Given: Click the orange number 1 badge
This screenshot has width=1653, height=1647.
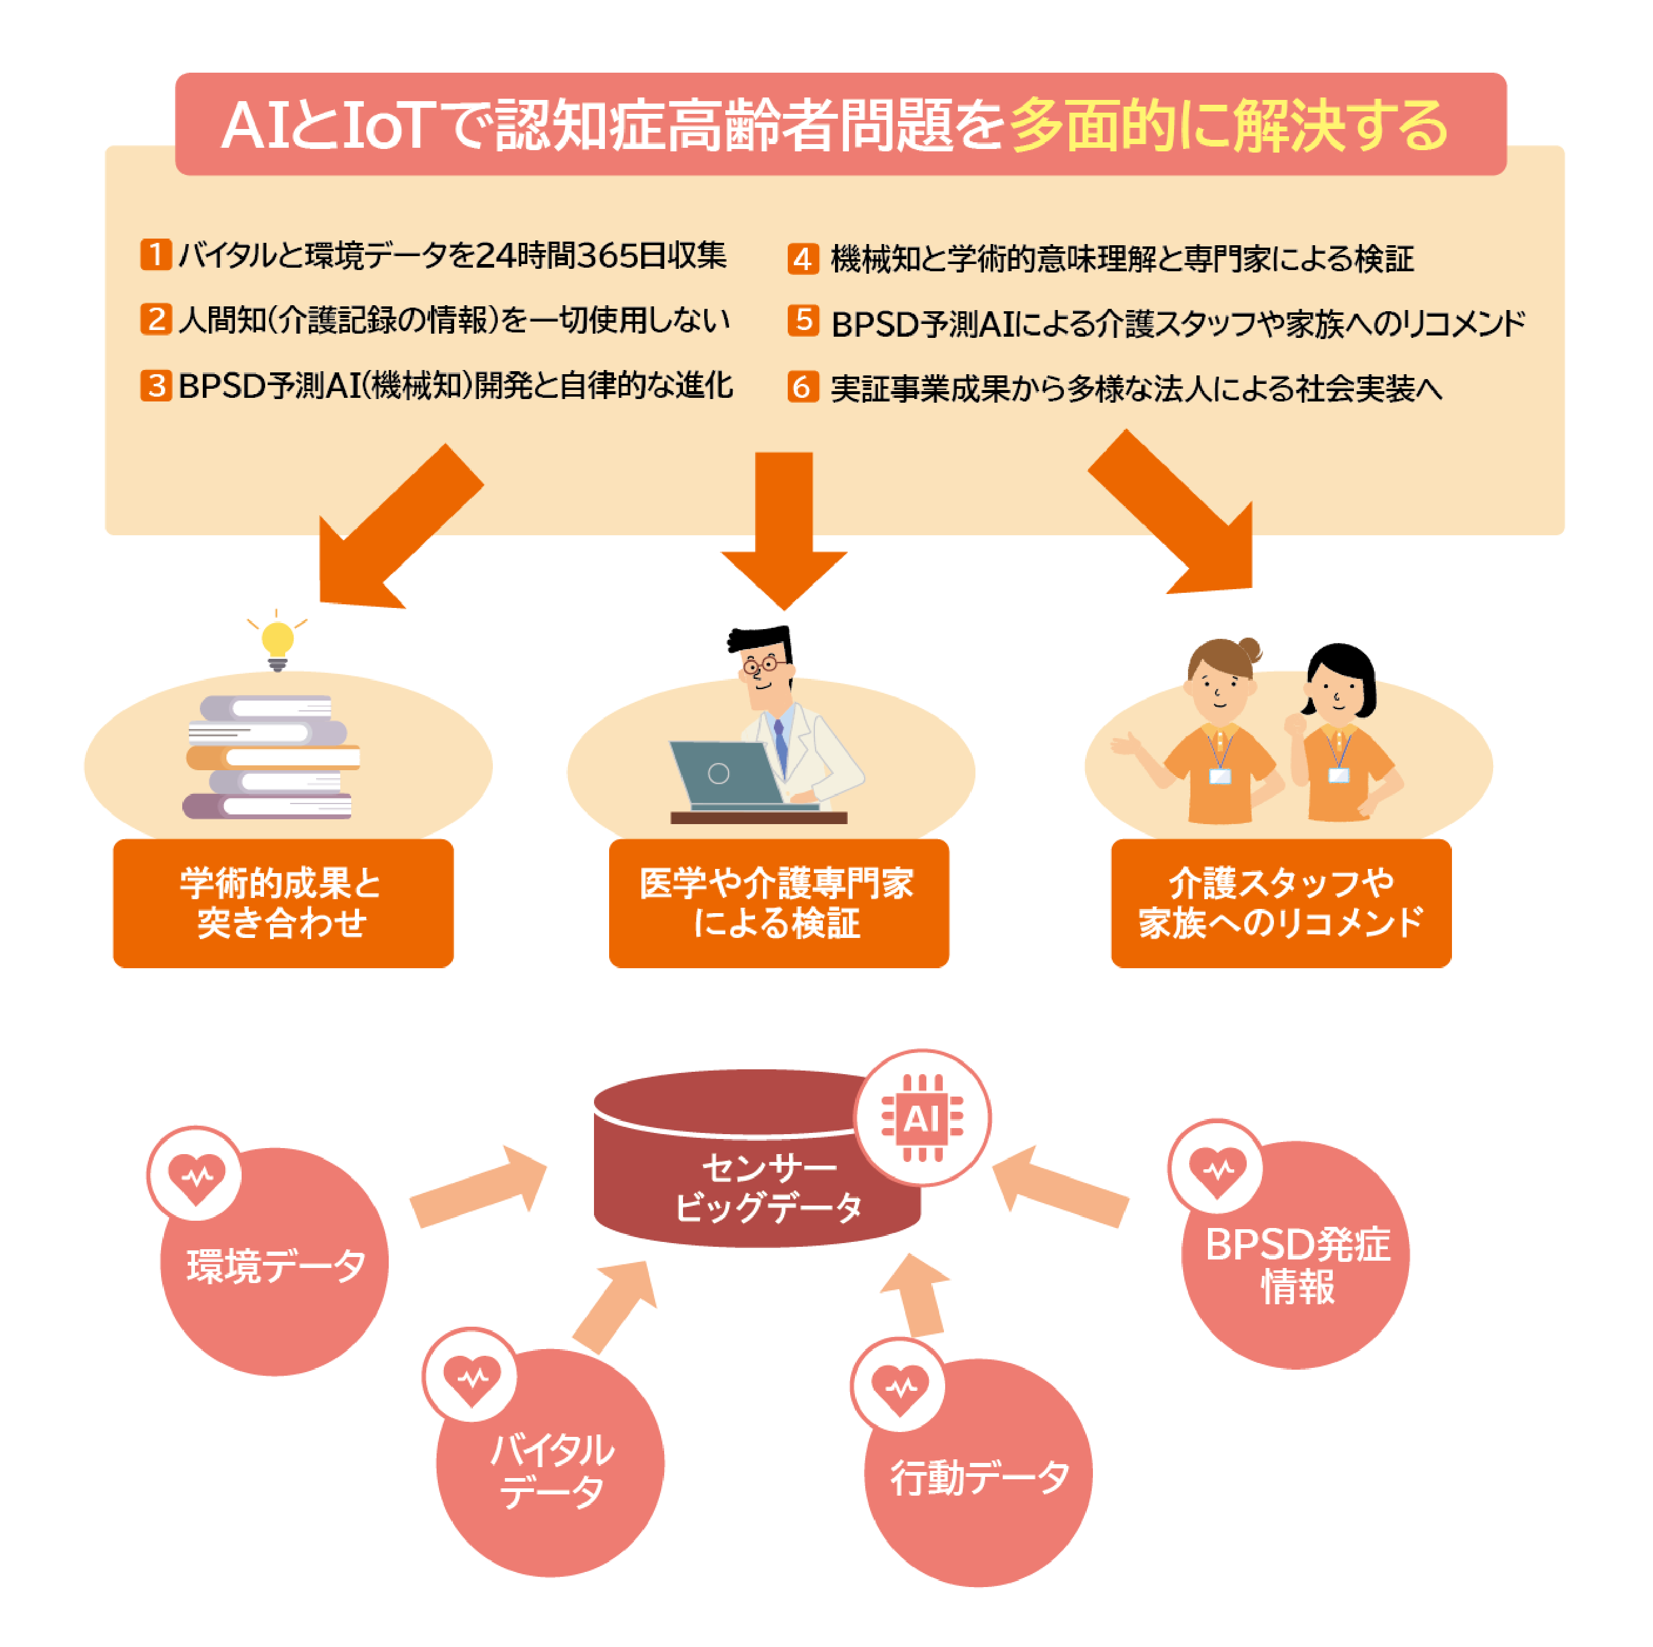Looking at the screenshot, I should tap(156, 254).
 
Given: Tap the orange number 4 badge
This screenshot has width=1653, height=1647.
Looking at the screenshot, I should tap(802, 259).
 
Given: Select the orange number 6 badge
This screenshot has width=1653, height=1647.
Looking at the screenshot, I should tap(802, 388).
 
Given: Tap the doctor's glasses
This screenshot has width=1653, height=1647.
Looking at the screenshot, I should tap(762, 664).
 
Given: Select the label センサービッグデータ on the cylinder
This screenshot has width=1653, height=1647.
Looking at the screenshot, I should tap(768, 1187).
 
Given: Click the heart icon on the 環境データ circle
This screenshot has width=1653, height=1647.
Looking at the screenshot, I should tap(196, 1174).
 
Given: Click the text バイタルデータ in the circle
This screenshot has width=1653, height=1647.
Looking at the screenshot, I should tap(552, 1470).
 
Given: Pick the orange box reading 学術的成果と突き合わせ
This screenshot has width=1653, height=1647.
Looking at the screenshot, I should tap(283, 903).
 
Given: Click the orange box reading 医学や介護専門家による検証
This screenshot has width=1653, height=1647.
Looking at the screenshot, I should tap(779, 903).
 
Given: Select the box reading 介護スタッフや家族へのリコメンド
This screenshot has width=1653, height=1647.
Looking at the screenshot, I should tap(1281, 903).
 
